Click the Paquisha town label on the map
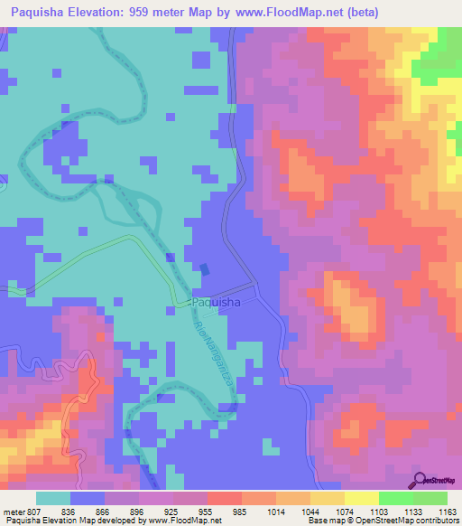216,303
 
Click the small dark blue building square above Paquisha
204,268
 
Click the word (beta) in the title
359,12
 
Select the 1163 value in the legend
447,512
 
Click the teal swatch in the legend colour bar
53,499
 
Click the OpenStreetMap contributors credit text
406,521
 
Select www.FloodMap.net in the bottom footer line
186,521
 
